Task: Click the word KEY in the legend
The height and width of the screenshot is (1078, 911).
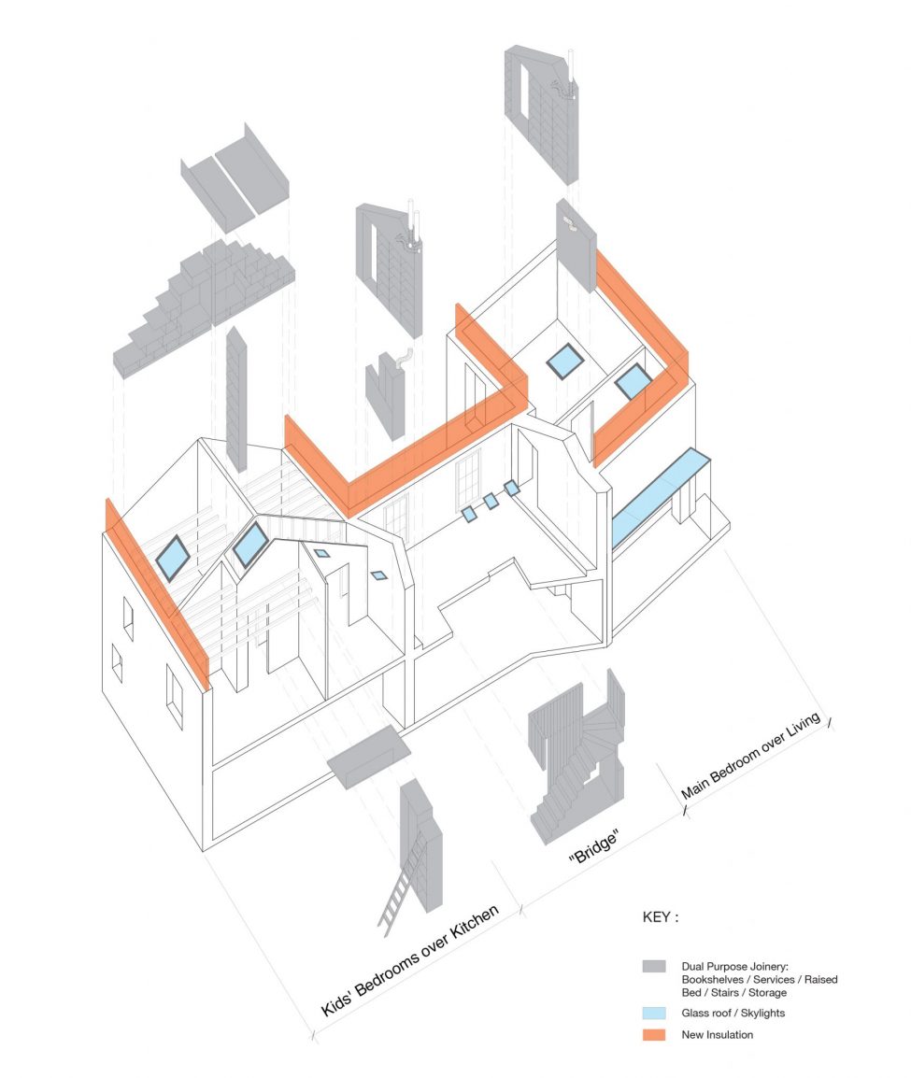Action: (659, 917)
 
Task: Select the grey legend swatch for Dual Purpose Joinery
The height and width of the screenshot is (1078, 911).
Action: (654, 966)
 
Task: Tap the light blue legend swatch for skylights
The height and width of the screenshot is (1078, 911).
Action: (654, 1014)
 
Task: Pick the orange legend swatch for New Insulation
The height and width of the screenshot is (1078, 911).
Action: (654, 1035)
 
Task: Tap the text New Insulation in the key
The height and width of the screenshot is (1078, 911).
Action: (717, 1035)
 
